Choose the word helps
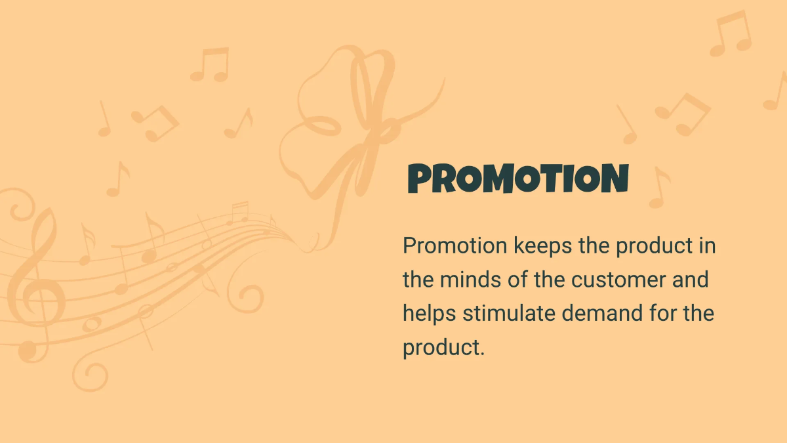pos(430,314)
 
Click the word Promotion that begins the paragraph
pos(455,247)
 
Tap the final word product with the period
pos(443,348)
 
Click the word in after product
pos(706,247)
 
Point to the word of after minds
pos(528,280)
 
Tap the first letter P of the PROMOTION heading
pos(419,179)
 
